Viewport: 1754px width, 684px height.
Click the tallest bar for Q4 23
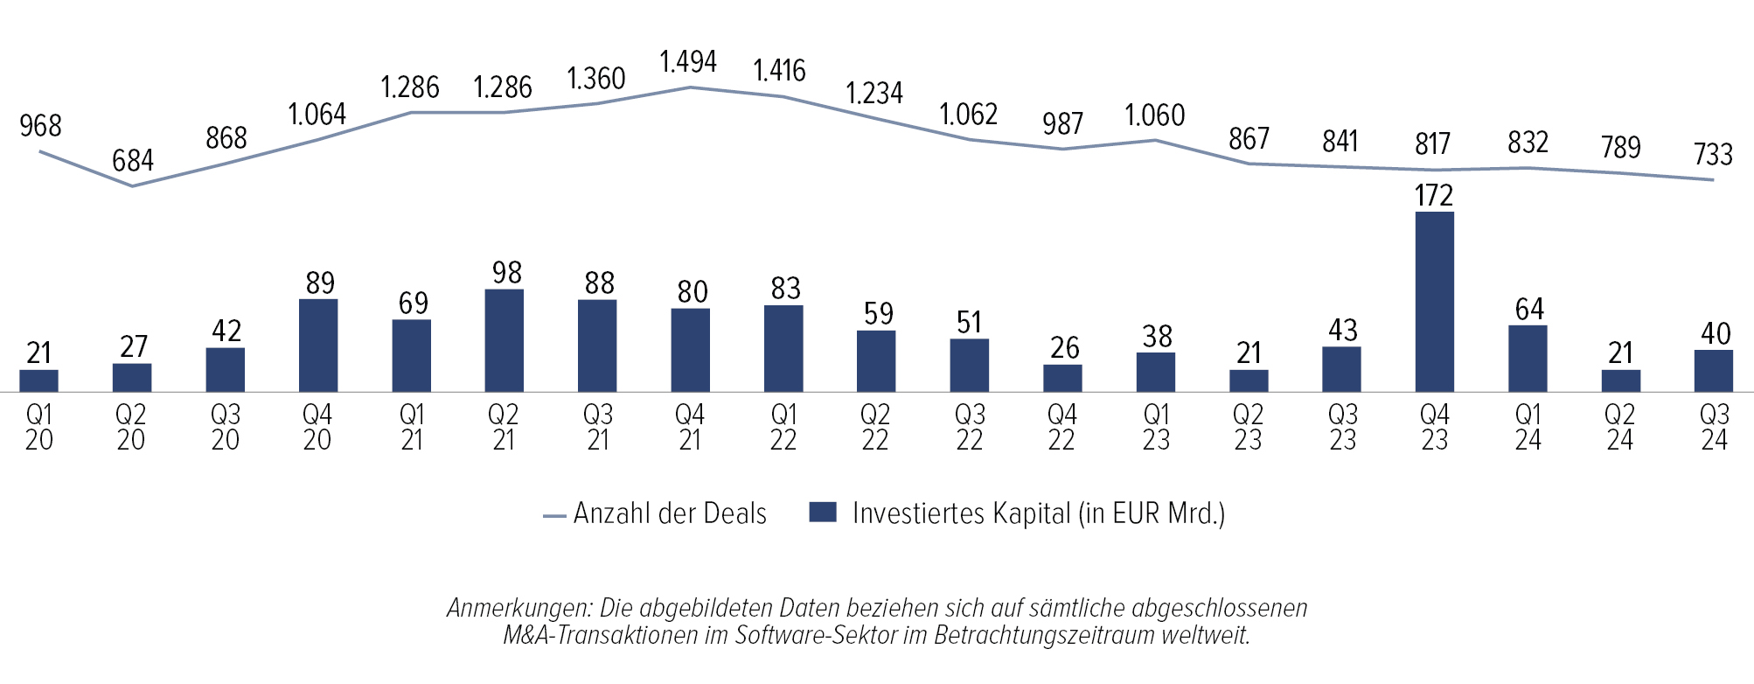coord(1434,302)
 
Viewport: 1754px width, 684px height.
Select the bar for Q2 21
coord(504,340)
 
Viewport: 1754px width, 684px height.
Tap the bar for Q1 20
coord(38,380)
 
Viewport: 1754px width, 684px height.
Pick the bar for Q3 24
coord(1713,371)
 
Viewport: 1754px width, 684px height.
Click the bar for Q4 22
coord(1062,378)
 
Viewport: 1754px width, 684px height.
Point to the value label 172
coord(1434,195)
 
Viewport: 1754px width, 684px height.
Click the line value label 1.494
coord(688,62)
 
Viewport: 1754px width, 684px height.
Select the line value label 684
coord(133,161)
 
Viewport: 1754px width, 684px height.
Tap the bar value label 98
coord(507,273)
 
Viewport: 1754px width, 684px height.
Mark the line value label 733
coord(1713,155)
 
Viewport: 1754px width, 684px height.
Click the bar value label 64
coord(1529,310)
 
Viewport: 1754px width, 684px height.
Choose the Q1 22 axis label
coord(783,427)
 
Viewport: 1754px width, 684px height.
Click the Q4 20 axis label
coord(317,427)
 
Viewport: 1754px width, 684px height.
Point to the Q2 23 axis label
coord(1248,427)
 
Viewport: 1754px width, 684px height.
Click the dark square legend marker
coord(823,513)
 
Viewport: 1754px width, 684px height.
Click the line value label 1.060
coord(1155,115)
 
